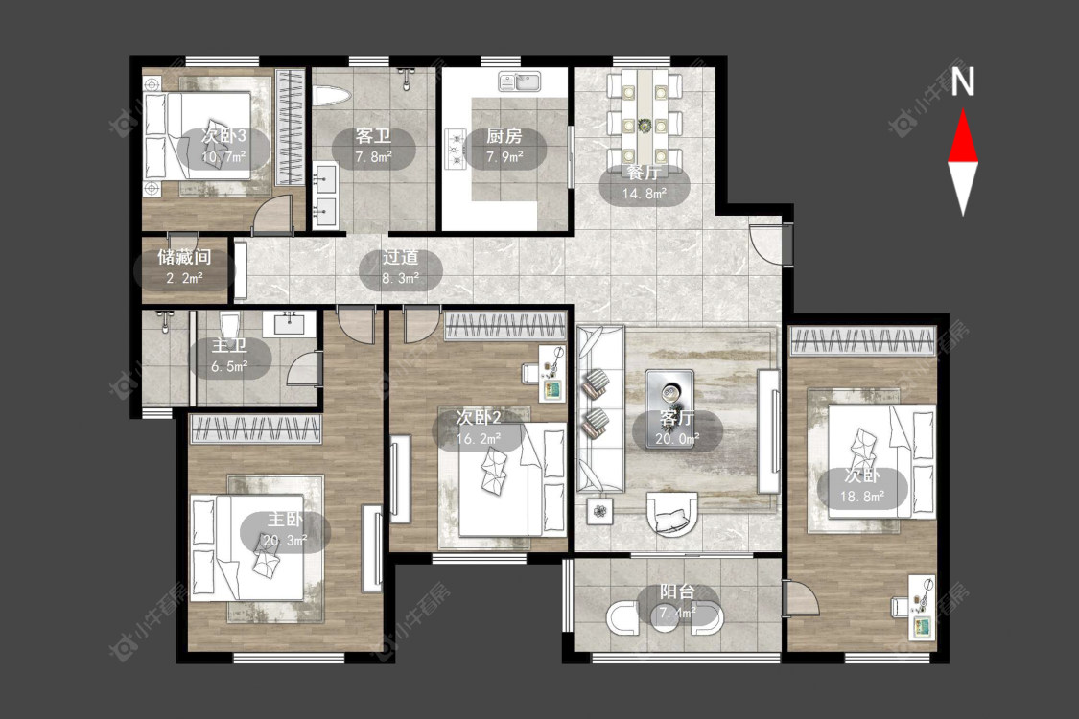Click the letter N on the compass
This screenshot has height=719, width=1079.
963,81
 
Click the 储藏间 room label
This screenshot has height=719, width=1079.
184,257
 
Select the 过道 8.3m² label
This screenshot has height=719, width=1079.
401,267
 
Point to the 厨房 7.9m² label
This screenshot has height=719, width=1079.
504,146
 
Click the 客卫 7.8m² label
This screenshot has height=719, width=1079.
374,146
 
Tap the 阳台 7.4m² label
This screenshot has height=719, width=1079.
678,602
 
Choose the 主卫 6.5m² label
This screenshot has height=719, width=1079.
229,356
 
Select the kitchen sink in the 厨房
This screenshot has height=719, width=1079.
520,81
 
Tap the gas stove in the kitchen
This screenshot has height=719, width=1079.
455,149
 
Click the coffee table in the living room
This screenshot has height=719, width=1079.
669,399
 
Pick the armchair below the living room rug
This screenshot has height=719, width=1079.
672,513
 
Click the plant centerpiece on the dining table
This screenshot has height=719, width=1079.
645,126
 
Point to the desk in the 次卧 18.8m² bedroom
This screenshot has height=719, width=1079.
921,607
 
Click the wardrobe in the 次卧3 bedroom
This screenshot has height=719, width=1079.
290,127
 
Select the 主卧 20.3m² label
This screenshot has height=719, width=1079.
285,530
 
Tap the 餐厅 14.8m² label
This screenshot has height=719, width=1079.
645,183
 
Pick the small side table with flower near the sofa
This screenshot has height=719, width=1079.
600,511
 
